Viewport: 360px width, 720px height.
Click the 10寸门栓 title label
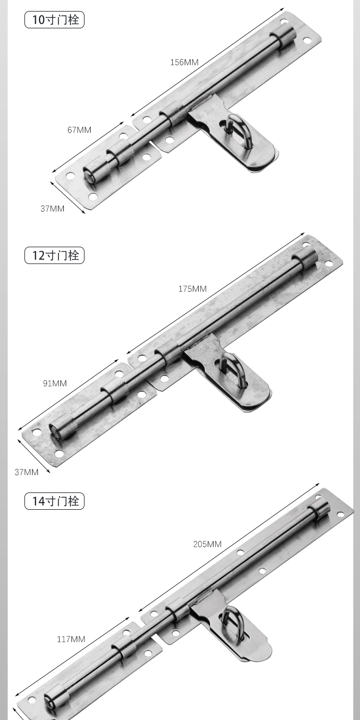click(54, 20)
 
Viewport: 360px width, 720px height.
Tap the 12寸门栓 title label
click(54, 255)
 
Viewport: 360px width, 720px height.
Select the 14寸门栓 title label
click(54, 501)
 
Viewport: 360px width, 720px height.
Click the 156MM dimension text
click(184, 62)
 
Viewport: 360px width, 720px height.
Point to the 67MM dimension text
click(79, 130)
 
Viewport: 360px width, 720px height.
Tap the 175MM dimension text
click(192, 288)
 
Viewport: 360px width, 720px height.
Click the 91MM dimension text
click(55, 383)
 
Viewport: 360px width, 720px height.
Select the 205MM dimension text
click(207, 544)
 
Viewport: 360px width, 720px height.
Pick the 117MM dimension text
click(71, 639)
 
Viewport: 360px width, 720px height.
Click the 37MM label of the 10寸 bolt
click(52, 209)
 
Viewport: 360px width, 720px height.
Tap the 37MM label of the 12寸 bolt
click(26, 472)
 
